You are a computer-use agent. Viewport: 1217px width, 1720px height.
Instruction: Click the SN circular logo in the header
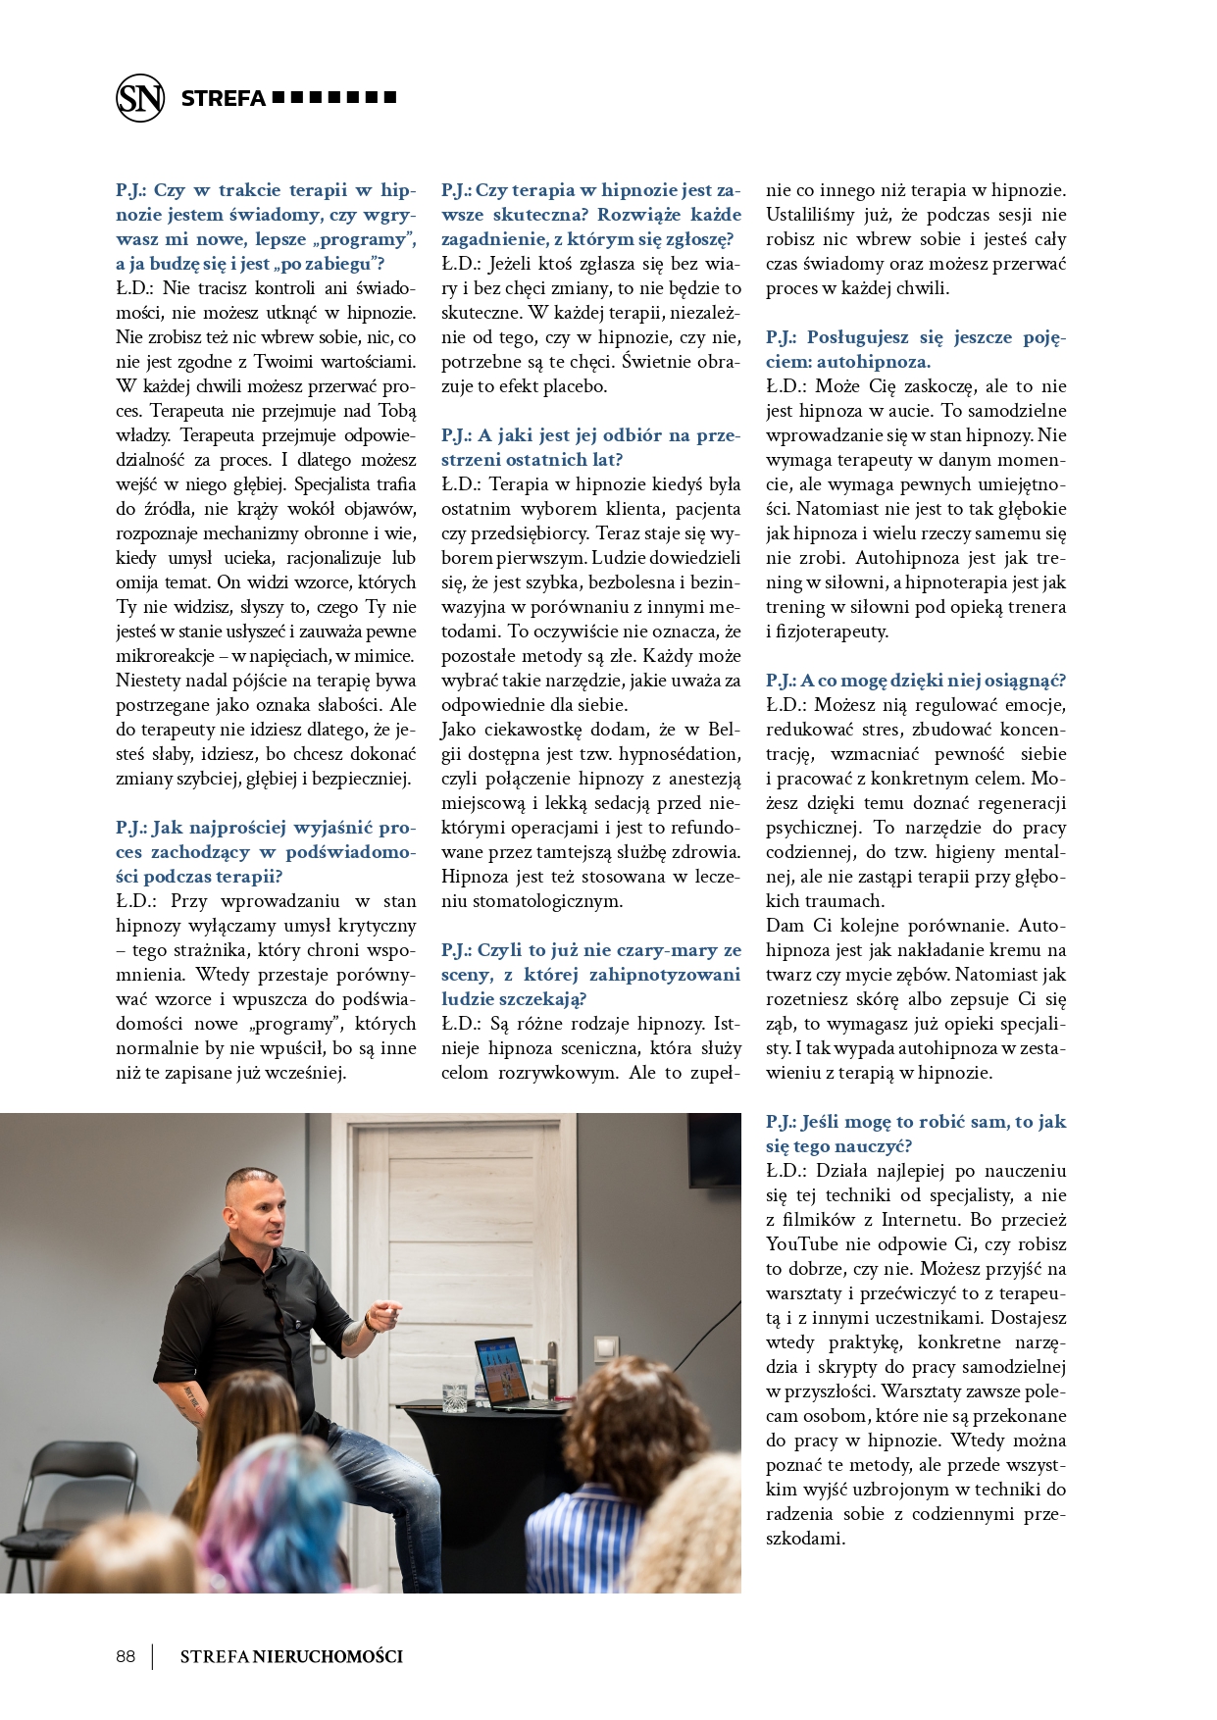pyautogui.click(x=140, y=98)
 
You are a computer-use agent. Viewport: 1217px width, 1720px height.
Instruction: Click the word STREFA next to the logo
pyautogui.click(x=224, y=98)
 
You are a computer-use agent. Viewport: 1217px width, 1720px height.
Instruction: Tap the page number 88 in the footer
pyautogui.click(x=126, y=1656)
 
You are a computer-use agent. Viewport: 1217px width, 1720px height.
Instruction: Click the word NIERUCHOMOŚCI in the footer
pyautogui.click(x=328, y=1656)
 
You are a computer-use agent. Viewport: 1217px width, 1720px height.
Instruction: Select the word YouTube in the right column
pyautogui.click(x=802, y=1244)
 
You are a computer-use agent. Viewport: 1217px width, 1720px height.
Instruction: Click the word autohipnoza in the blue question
pyautogui.click(x=874, y=362)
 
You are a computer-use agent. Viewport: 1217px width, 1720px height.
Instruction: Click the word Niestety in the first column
pyautogui.click(x=148, y=681)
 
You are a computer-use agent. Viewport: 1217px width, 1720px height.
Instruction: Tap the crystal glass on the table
pyautogui.click(x=454, y=1398)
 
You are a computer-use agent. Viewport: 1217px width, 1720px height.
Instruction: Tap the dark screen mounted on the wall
pyautogui.click(x=713, y=1149)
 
